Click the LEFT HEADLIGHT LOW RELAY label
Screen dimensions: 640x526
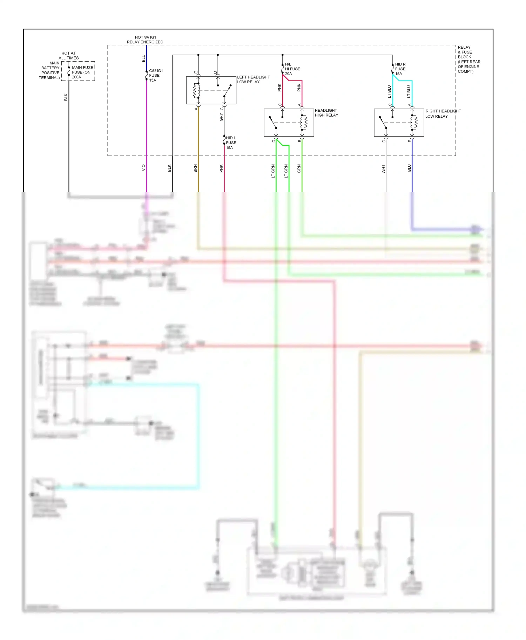point(253,79)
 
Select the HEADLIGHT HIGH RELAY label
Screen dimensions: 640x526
point(326,113)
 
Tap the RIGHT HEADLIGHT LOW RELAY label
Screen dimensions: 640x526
point(443,113)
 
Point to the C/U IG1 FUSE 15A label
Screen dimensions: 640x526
point(155,75)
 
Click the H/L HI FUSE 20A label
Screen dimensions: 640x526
point(292,69)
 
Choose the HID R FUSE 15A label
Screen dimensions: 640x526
point(400,69)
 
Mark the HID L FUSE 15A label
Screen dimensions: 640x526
point(231,143)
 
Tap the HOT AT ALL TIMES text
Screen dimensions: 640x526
point(69,56)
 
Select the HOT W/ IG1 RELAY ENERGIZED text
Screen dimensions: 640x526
point(145,40)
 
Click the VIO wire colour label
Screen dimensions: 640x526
point(143,168)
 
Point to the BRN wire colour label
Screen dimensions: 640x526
point(195,168)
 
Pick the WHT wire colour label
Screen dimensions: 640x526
point(383,169)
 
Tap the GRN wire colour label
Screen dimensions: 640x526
point(299,168)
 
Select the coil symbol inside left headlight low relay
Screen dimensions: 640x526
point(196,91)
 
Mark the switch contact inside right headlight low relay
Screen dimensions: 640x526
point(383,123)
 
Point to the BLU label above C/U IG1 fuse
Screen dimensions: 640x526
point(143,58)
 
